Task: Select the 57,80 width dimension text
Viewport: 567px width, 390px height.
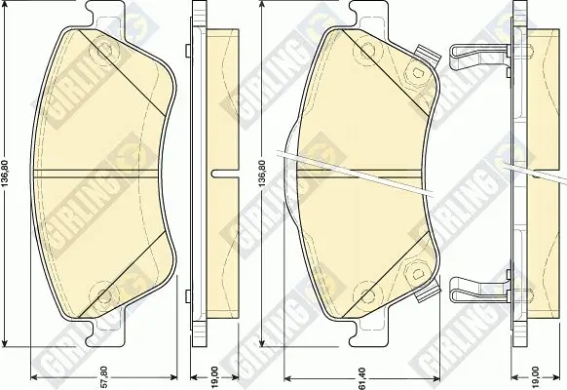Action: pyautogui.click(x=104, y=377)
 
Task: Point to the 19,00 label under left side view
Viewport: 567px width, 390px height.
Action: pyautogui.click(x=214, y=377)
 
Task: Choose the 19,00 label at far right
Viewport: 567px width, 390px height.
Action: pyautogui.click(x=536, y=377)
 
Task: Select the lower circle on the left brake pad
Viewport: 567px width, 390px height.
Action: pyautogui.click(x=104, y=292)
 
